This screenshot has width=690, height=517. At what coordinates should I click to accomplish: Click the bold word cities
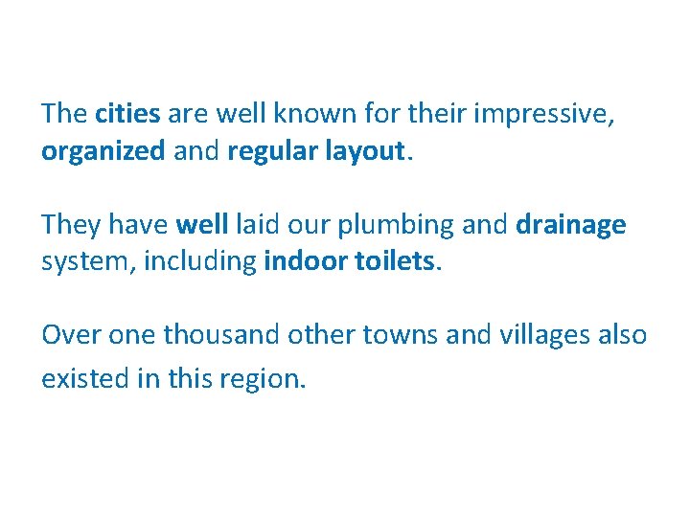pos(127,114)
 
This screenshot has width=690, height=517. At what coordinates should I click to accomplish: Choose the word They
pos(72,224)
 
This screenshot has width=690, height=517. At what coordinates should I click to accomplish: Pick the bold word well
pos(202,224)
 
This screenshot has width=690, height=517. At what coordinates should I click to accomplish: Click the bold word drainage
pos(571,226)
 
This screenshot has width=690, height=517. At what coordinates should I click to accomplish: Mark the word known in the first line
pos(316,114)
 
